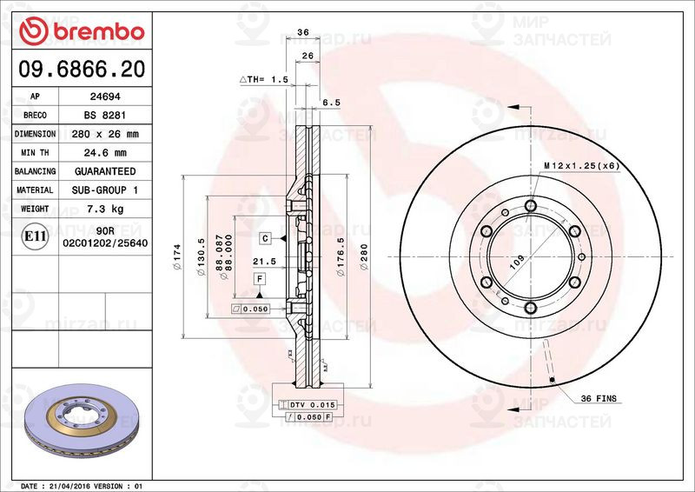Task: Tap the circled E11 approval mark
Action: click(x=34, y=236)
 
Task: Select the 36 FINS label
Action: click(x=599, y=397)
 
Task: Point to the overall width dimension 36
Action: click(x=303, y=32)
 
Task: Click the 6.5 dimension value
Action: click(x=331, y=103)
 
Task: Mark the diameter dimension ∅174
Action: click(x=177, y=255)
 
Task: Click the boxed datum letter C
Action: click(x=265, y=237)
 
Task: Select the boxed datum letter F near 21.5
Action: click(x=259, y=278)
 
